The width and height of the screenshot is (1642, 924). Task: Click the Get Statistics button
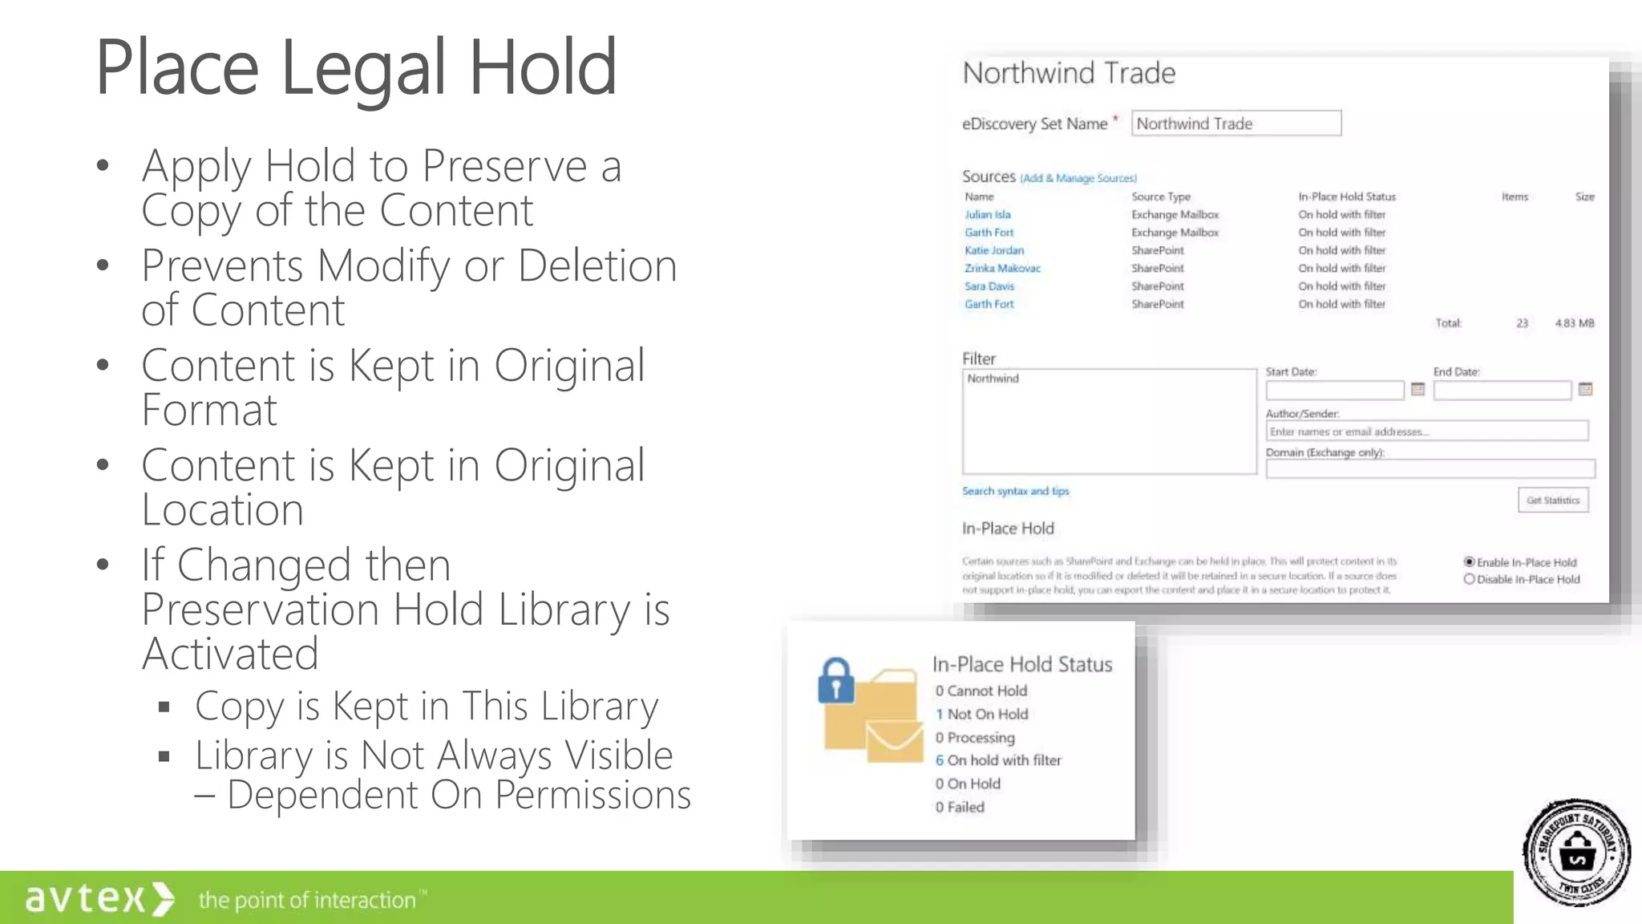1552,500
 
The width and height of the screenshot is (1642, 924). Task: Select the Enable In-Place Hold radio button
1470,562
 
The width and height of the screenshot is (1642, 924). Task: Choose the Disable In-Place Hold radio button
1470,579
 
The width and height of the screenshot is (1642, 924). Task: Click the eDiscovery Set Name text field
1236,124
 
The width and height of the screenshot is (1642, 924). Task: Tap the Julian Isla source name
987,215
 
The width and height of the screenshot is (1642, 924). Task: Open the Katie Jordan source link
993,250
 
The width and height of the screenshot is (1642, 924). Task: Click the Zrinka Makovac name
1002,269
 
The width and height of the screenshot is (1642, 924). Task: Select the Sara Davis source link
989,286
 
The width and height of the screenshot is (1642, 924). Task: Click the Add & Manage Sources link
1078,179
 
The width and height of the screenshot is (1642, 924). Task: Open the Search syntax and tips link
1015,491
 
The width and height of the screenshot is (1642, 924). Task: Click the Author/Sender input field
1426,432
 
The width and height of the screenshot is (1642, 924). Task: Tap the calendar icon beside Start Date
1418,390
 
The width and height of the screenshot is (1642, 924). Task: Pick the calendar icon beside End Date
1585,390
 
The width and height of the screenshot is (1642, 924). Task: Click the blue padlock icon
835,681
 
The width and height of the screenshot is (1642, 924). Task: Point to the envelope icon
894,741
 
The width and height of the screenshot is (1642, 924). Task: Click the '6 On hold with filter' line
997,760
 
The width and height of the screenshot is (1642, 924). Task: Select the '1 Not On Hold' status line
981,714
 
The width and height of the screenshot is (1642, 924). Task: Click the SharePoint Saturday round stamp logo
1576,853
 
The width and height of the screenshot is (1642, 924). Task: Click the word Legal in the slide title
362,69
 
